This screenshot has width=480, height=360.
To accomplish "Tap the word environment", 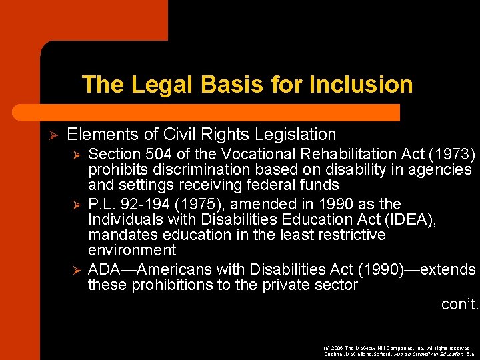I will (132, 251).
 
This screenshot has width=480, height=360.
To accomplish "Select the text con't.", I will (460, 305).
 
